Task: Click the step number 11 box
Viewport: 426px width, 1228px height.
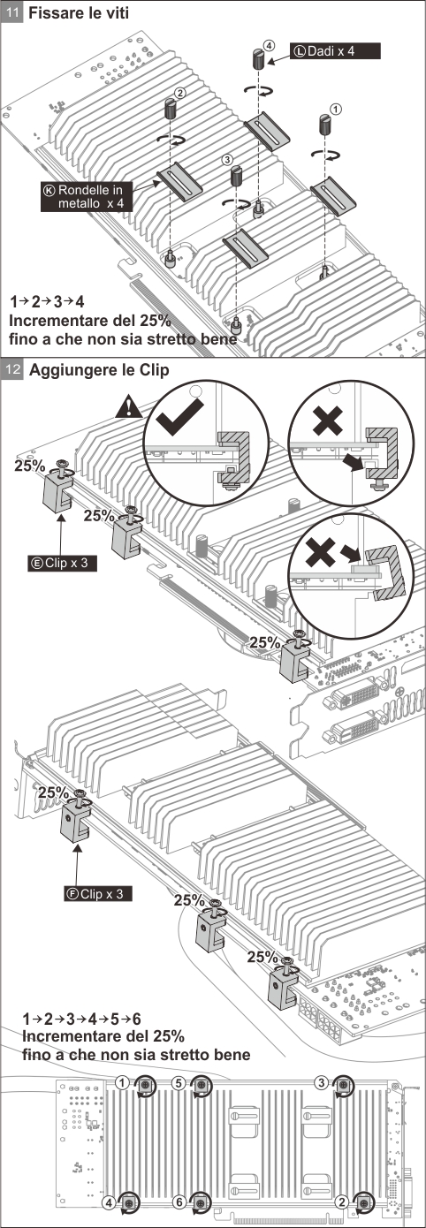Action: point(12,12)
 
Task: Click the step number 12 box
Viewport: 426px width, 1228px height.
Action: point(12,368)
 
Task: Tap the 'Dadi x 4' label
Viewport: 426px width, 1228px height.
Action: point(334,51)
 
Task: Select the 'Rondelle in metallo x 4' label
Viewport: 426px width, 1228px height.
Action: point(87,197)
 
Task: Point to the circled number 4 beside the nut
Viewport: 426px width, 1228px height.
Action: point(268,46)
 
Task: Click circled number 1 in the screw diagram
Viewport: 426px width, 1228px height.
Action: point(336,109)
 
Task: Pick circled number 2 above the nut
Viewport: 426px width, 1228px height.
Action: point(180,93)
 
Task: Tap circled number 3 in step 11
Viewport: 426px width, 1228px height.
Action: point(227,160)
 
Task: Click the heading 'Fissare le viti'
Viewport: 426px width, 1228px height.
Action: point(79,12)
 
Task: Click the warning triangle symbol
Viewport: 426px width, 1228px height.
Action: point(129,406)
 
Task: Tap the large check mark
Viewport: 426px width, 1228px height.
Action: point(179,417)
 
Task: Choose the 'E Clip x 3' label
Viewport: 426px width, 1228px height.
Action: point(62,563)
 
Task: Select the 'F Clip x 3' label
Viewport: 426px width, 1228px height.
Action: point(97,893)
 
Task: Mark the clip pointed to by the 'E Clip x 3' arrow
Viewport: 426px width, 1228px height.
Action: point(57,492)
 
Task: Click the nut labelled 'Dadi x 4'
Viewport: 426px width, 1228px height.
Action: point(258,58)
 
